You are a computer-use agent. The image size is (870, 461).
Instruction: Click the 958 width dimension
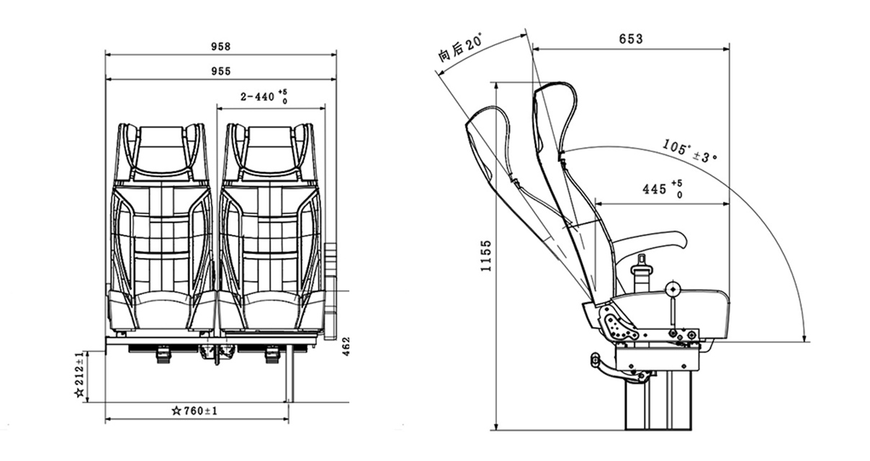point(220,47)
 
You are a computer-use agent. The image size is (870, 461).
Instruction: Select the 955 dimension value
point(220,71)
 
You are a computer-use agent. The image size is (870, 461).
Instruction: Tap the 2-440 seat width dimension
point(264,97)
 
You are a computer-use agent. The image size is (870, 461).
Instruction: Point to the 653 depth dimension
point(631,39)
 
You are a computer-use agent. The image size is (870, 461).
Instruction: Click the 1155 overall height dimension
point(486,256)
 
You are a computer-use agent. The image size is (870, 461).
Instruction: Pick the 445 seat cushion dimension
point(662,189)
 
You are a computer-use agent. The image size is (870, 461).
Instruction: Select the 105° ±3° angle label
point(689,151)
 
